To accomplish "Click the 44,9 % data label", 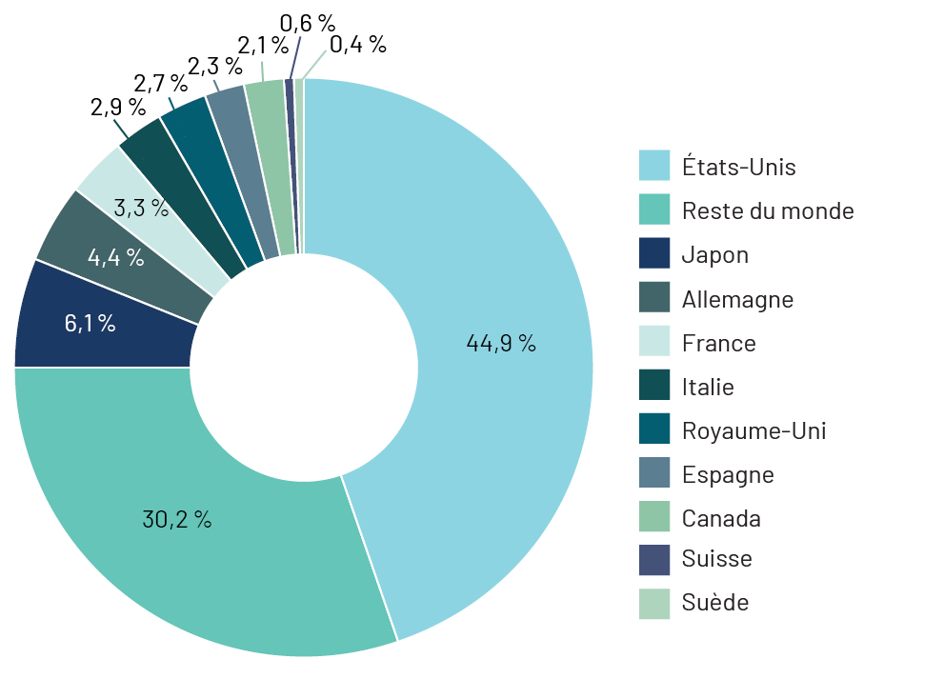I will (501, 344).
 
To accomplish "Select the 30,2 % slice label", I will (176, 519).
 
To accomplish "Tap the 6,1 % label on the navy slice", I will (90, 323).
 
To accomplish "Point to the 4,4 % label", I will (115, 256).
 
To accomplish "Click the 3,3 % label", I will (141, 208).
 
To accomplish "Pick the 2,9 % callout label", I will (118, 107).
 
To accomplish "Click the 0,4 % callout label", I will (358, 43).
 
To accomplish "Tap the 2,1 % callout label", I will (261, 44).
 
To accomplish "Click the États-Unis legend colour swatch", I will (654, 166).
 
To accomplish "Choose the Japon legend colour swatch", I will (654, 254).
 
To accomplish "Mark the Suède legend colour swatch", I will (654, 603).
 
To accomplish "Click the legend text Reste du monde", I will (768, 210).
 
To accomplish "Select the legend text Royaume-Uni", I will (753, 430).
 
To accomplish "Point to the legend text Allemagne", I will (737, 299).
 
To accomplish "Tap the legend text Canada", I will (721, 518).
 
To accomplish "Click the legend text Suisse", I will (716, 558).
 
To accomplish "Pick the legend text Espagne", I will (728, 474).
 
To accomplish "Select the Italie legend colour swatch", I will (654, 386).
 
